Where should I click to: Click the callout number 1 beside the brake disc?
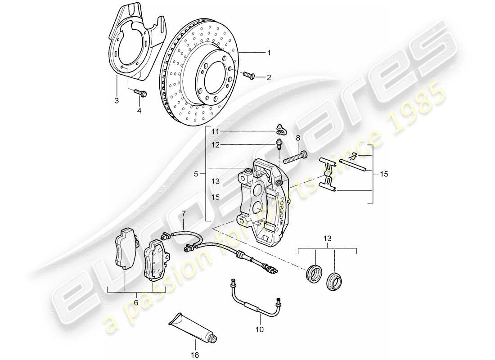[x=269, y=53]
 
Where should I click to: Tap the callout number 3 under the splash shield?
[x=117, y=100]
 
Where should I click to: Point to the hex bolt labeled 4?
[x=139, y=94]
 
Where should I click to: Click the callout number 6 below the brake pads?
[x=136, y=302]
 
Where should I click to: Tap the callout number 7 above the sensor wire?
[x=184, y=214]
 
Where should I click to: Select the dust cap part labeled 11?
[x=280, y=130]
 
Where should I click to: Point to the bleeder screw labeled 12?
[x=279, y=145]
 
